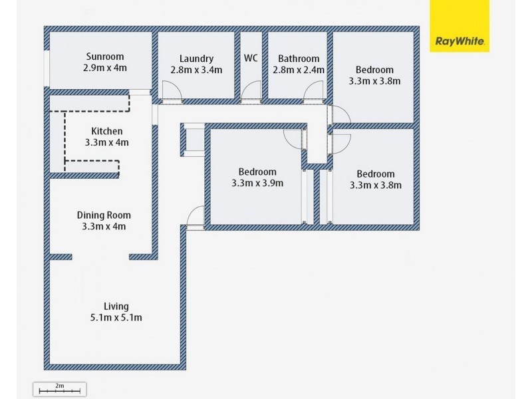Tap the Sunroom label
click(105, 57)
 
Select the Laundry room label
click(196, 59)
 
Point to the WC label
click(251, 58)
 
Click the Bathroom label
click(299, 59)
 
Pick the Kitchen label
click(106, 131)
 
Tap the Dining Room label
click(104, 215)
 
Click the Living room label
click(116, 306)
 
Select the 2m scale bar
click(59, 388)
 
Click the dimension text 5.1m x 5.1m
click(116, 318)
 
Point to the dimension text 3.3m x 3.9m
click(257, 183)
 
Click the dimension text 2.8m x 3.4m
click(196, 70)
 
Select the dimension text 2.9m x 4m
click(105, 68)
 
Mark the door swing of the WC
click(251, 90)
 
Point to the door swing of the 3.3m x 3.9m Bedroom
click(292, 138)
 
